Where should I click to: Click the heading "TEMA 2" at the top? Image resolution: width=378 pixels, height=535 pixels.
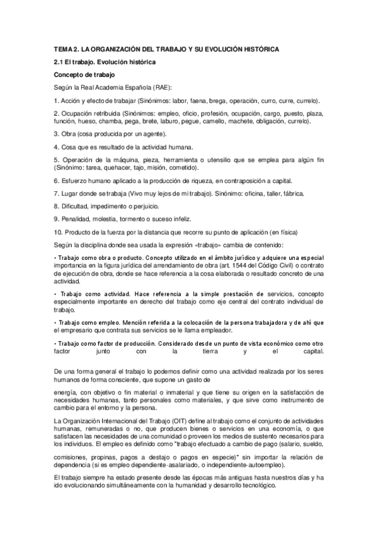pyautogui.click(x=65, y=49)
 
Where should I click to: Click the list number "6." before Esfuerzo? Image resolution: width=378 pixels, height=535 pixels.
pyautogui.click(x=57, y=180)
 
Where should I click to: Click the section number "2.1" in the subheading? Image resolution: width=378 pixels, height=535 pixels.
pyautogui.click(x=60, y=62)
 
